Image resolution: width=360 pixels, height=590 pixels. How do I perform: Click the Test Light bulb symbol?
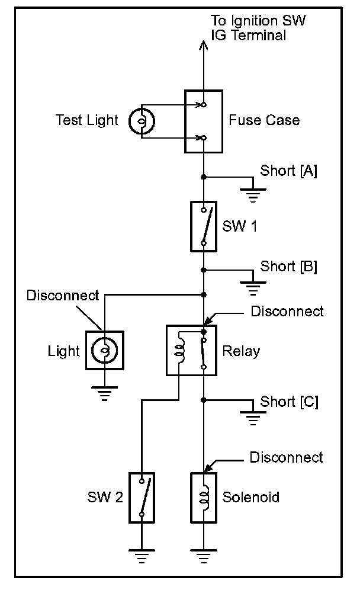click(143, 121)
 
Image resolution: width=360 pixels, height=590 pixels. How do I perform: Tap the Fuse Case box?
click(203, 121)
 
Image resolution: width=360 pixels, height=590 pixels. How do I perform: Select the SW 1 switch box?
click(203, 226)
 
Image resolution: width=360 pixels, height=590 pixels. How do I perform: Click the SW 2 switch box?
click(142, 497)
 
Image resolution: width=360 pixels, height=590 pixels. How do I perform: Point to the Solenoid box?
click(203, 497)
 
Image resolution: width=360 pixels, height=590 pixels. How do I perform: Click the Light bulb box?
click(104, 351)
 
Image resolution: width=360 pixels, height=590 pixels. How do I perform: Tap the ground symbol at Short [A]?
click(253, 194)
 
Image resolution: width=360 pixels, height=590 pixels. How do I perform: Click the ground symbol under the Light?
click(104, 392)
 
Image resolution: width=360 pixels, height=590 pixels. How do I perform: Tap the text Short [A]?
click(288, 171)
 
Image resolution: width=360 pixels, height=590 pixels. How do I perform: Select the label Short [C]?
click(289, 402)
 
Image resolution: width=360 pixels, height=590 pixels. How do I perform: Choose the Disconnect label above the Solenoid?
click(286, 457)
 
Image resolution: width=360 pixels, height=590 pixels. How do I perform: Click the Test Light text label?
click(87, 120)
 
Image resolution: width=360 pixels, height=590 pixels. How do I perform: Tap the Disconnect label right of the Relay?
click(287, 311)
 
